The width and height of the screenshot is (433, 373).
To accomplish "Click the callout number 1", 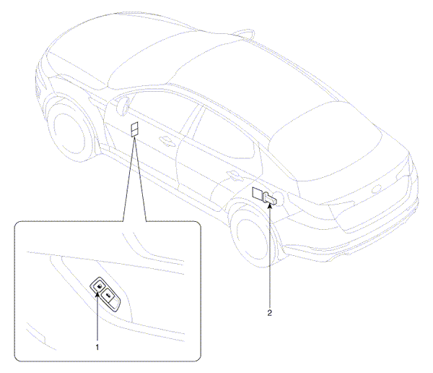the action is coord(97,347).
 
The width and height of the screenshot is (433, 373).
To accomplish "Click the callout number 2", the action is coord(269,313).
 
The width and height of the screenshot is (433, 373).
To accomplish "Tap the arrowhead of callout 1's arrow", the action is coord(97,294).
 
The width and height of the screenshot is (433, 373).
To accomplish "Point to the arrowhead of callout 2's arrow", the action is coord(271,205).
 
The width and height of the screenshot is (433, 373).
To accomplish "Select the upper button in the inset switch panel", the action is coord(99,286).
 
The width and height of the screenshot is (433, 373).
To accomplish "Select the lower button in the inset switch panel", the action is coord(108,296).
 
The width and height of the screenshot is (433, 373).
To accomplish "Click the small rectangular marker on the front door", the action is coord(134,129).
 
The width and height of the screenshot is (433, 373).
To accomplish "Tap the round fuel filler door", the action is coord(278,198).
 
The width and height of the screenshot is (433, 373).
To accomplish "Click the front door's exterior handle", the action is coord(165,140).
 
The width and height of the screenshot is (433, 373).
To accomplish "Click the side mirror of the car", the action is coord(123,105).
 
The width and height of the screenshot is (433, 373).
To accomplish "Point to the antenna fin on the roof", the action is coord(244,33).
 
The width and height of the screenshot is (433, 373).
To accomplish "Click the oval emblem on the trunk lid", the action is coord(377,190).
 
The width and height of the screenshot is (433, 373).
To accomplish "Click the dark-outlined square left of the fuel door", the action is coord(258,194).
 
